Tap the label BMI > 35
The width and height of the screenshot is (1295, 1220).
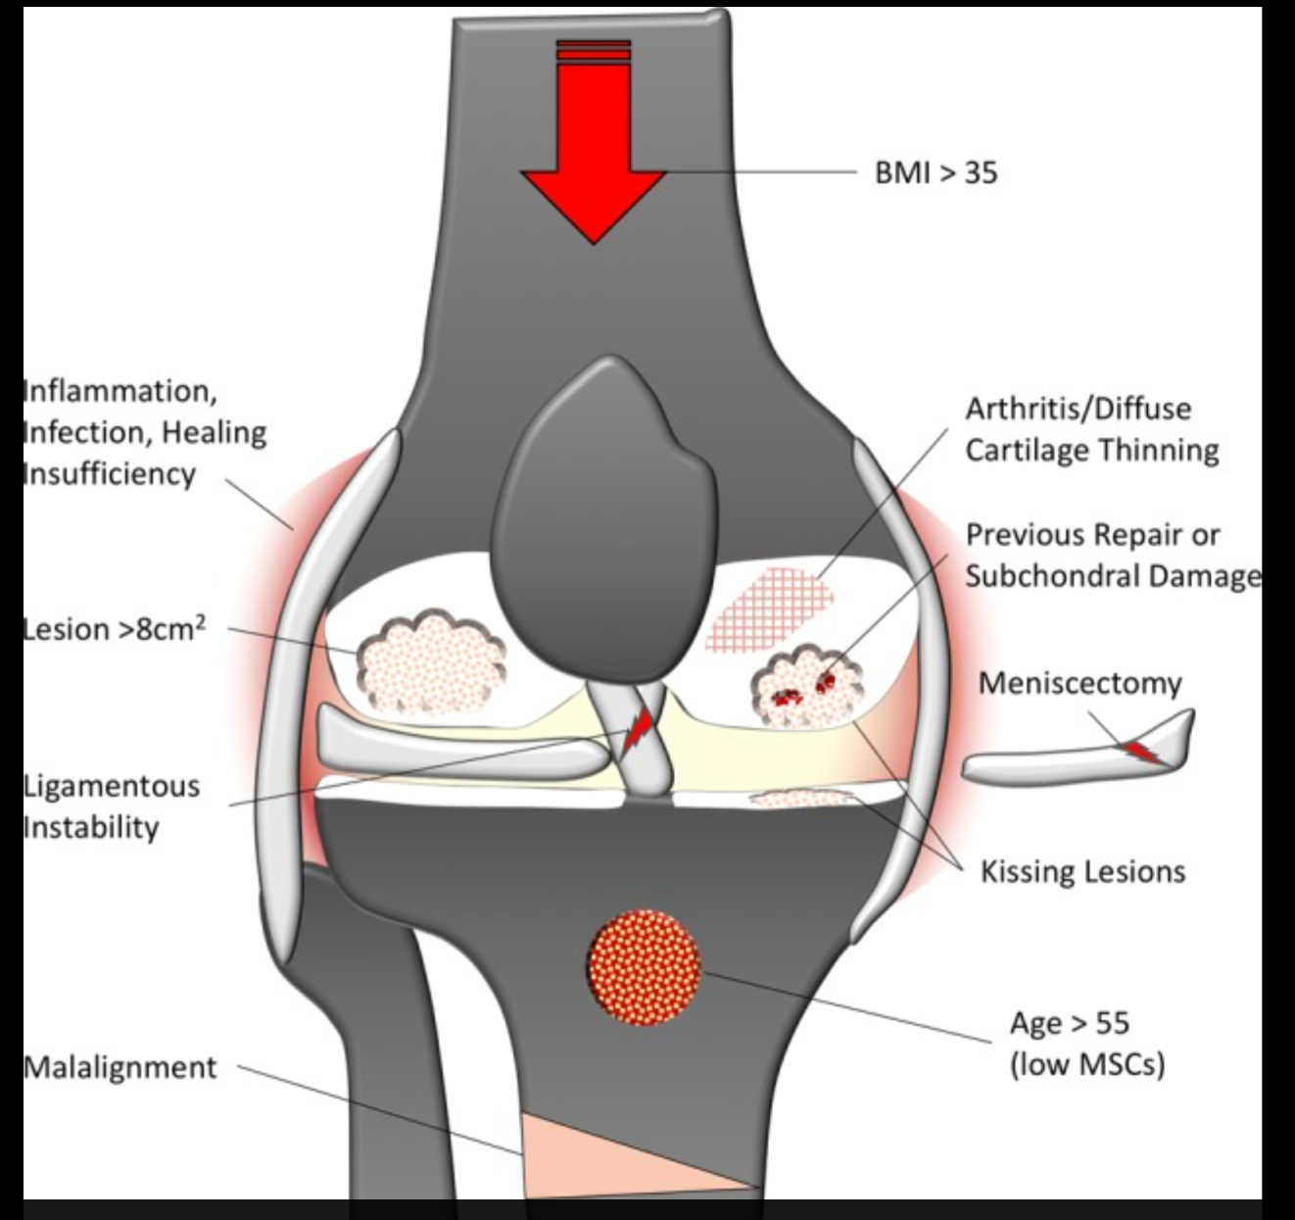pos(935,172)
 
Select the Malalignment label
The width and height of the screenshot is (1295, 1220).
pos(120,1068)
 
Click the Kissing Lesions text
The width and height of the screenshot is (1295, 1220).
pos(1083,871)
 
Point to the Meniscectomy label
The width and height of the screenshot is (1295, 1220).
pos(1079,684)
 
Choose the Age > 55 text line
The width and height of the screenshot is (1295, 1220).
pos(1070,1023)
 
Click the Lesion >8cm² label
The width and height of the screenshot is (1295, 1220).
pos(115,629)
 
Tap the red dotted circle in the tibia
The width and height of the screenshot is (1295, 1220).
pos(644,967)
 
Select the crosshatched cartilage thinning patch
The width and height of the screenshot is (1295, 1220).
pos(769,610)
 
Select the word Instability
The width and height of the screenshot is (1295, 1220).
pos(91,827)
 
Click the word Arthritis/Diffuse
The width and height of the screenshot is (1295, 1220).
pos(1079,409)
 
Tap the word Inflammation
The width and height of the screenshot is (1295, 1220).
pos(120,392)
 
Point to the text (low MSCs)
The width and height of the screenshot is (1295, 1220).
pos(1087,1065)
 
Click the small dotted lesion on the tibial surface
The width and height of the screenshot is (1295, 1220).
pos(800,798)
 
